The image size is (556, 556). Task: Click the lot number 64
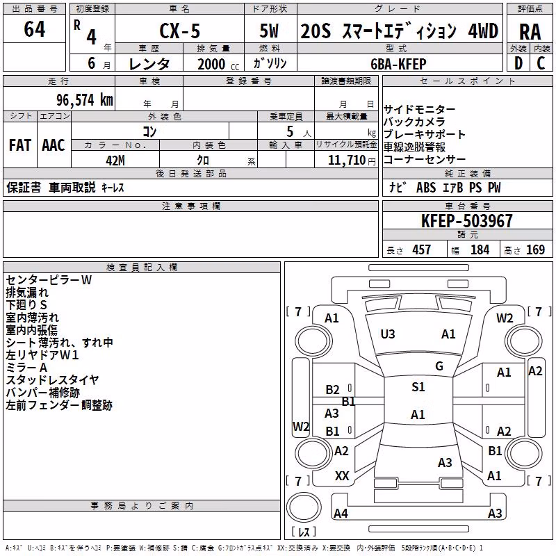(34, 28)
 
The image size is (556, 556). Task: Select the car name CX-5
(180, 31)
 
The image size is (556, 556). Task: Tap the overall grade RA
(530, 32)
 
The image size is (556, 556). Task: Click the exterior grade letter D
(518, 63)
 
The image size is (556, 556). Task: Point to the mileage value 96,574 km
(85, 100)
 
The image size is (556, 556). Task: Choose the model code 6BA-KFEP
(398, 64)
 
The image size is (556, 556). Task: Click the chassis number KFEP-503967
(467, 221)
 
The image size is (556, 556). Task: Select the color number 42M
(115, 161)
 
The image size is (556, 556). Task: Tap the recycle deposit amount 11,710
(347, 161)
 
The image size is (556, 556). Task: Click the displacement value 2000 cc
(218, 64)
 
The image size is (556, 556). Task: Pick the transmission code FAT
(20, 145)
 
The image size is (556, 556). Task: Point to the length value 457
(421, 250)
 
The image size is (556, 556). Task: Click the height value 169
(535, 250)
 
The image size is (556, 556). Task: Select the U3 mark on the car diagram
(388, 334)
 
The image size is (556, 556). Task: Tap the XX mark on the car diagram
(342, 476)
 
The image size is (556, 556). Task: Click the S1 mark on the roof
(418, 387)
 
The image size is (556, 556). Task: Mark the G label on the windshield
(439, 366)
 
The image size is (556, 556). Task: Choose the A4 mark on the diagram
(341, 513)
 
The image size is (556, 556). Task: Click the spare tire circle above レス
(304, 507)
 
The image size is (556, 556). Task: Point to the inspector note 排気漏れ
(27, 293)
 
